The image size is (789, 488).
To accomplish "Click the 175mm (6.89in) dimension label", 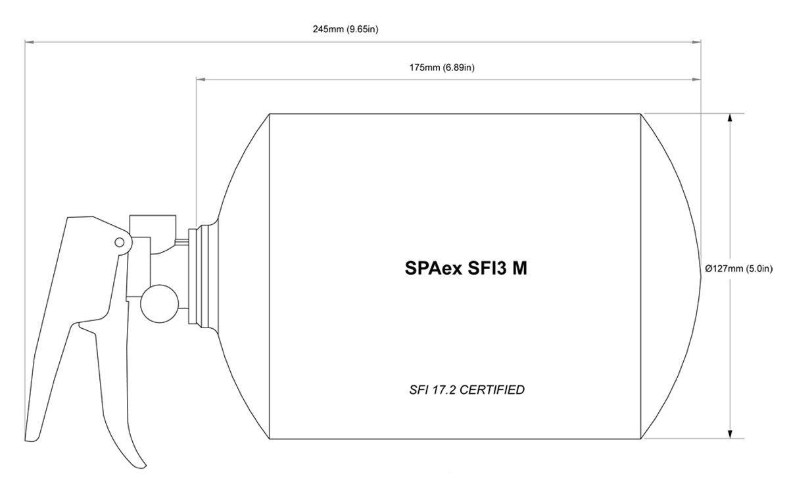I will point(441,67).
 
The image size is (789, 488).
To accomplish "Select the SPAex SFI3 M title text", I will point(466,269).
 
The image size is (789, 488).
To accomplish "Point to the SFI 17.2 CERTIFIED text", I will point(467,390).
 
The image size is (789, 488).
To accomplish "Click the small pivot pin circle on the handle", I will point(119,242).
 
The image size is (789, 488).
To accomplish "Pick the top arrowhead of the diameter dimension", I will point(730,118).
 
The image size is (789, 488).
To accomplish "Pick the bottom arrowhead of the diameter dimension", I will point(730,433).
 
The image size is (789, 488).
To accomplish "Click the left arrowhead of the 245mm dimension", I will point(28,41).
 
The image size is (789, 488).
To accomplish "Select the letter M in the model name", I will point(519,269).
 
